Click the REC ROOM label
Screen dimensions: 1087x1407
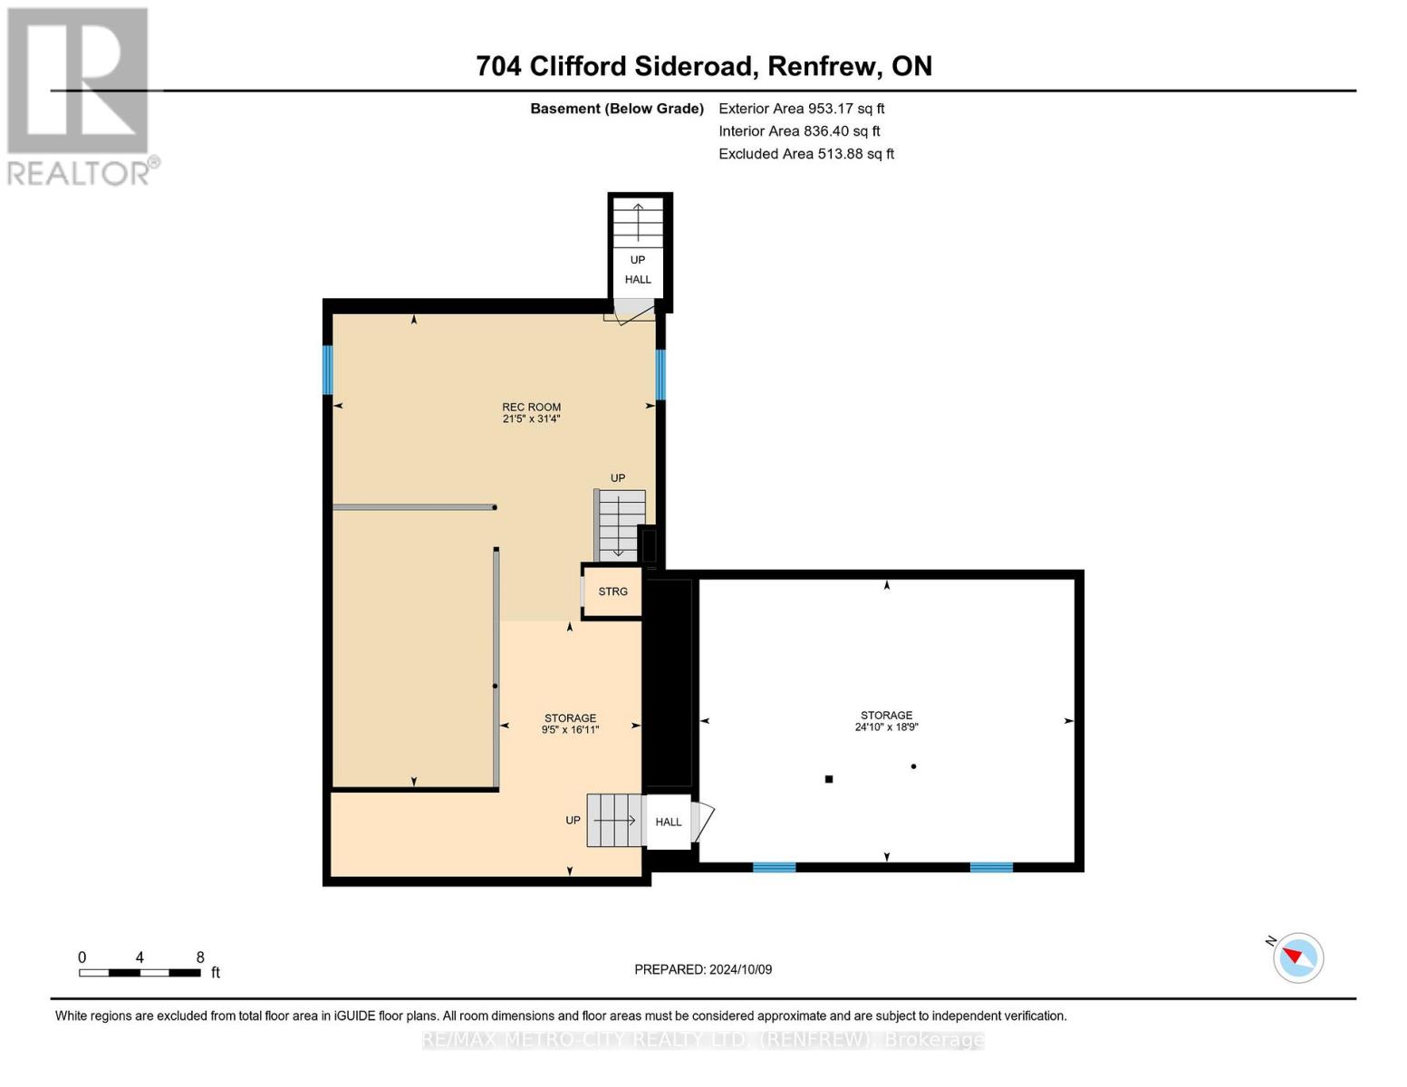(x=532, y=408)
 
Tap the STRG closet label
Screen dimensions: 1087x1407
(x=612, y=592)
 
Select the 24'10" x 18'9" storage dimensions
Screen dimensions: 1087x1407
(x=886, y=727)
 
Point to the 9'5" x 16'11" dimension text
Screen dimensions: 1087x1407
(x=570, y=730)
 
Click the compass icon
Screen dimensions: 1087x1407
(x=1297, y=957)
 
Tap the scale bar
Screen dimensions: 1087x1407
(x=140, y=973)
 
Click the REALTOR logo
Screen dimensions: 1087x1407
(x=80, y=95)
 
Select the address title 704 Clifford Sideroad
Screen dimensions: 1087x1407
(x=704, y=66)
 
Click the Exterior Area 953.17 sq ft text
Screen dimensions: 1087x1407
(x=801, y=109)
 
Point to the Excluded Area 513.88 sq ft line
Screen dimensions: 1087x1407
(x=805, y=154)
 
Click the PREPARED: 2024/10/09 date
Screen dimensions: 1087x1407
(x=703, y=969)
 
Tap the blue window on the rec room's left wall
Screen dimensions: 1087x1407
(x=328, y=370)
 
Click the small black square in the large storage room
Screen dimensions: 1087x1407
(x=828, y=779)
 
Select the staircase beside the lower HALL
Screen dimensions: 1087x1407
(x=615, y=820)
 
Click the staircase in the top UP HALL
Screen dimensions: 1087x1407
(x=638, y=222)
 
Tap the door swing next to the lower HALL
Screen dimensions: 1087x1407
(x=703, y=822)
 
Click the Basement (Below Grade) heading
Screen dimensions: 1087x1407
(x=616, y=109)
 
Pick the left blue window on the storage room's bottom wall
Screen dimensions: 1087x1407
(x=774, y=867)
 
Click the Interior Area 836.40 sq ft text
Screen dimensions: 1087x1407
(x=799, y=131)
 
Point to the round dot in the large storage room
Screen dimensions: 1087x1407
(x=913, y=766)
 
